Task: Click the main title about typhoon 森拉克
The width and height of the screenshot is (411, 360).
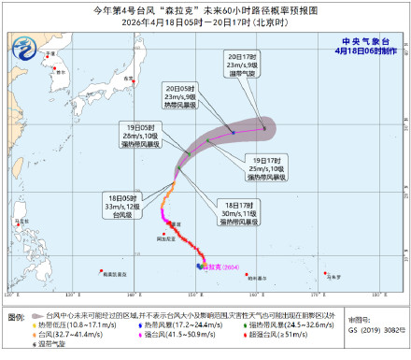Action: click(x=205, y=9)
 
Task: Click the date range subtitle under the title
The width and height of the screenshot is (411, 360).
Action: click(x=205, y=23)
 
